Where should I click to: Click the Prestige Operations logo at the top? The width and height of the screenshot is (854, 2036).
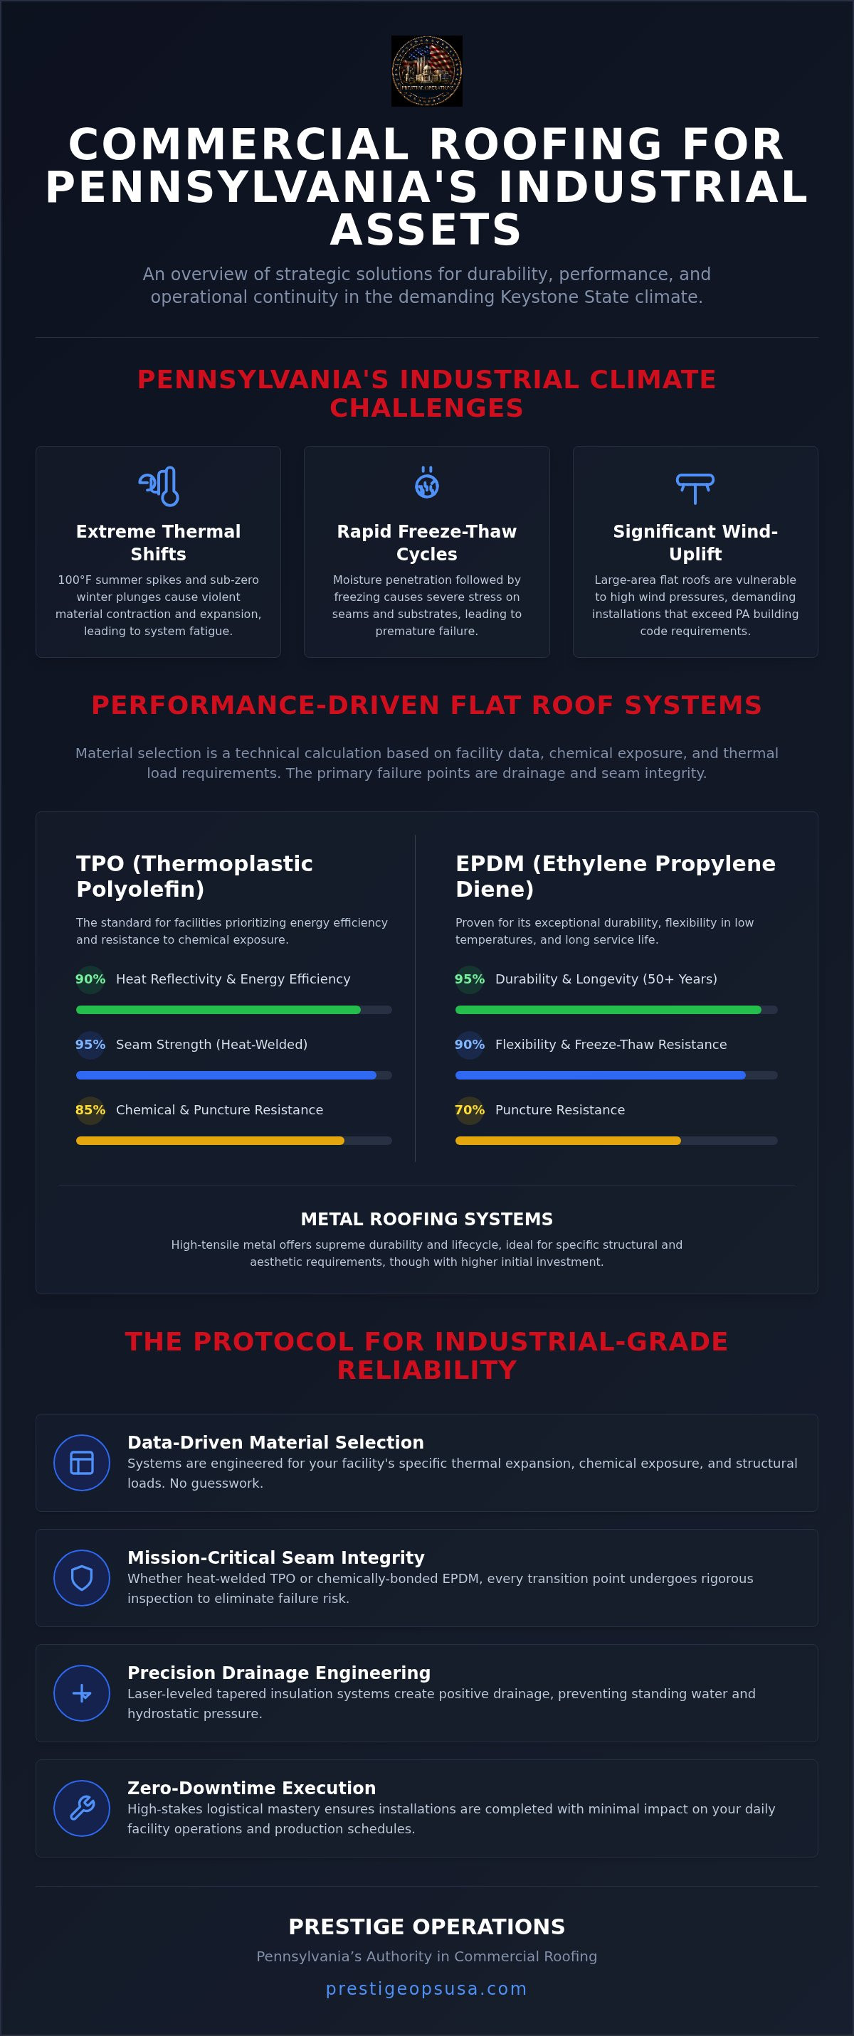(x=427, y=71)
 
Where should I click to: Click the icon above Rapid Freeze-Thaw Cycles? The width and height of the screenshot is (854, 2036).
(x=427, y=482)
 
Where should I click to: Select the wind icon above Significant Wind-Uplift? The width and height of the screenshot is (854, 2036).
(x=695, y=489)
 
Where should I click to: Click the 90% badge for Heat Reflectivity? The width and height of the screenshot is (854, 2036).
(x=90, y=979)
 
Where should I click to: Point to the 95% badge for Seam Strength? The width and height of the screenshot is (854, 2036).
(x=90, y=1045)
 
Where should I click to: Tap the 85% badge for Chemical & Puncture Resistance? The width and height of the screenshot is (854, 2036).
(x=90, y=1111)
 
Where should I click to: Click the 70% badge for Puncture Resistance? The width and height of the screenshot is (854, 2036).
(x=470, y=1111)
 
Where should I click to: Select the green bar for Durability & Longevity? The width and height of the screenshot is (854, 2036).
(x=608, y=1010)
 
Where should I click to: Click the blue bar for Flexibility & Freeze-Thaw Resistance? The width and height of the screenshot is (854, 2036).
(x=600, y=1076)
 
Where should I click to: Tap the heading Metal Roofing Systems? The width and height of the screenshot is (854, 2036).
(x=427, y=1220)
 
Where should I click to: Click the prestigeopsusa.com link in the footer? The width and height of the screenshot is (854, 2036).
(x=427, y=1988)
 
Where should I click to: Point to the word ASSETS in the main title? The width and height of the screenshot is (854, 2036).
(x=427, y=230)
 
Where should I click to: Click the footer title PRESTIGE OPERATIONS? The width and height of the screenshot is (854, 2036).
(x=427, y=1927)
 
